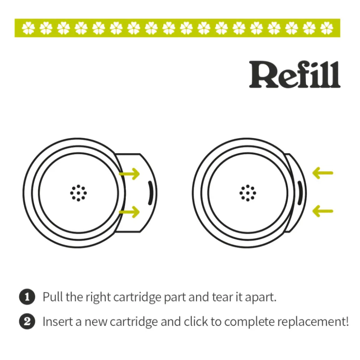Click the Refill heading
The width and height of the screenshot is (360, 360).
tap(294, 75)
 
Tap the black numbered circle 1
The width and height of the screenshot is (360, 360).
tap(27, 297)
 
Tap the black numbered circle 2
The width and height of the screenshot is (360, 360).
tap(27, 321)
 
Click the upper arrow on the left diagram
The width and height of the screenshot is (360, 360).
tap(130, 174)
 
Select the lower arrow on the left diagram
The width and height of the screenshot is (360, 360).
tap(130, 212)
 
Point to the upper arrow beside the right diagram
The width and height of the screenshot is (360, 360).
tap(323, 173)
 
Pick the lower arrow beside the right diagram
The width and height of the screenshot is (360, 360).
tap(323, 212)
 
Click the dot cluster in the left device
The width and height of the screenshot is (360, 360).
tap(78, 193)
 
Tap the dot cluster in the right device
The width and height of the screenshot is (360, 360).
tap(248, 193)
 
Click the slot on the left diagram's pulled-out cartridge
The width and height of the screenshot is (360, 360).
tap(150, 193)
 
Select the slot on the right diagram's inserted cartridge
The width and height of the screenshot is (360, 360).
tap(300, 193)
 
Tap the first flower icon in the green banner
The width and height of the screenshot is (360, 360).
tap(28, 28)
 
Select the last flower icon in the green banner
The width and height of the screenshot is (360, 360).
tap(327, 28)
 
